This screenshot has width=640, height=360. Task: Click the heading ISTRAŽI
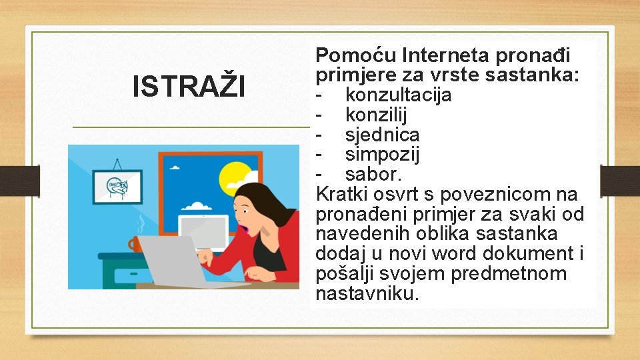(x=189, y=86)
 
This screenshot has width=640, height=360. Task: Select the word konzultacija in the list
(x=398, y=95)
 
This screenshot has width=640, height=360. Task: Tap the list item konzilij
(x=377, y=115)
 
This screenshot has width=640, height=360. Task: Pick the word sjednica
(x=382, y=135)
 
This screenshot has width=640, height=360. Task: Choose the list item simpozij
(x=382, y=155)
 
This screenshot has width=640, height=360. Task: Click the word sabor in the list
(x=372, y=175)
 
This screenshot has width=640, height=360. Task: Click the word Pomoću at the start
(x=357, y=55)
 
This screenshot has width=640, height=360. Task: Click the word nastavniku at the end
(x=367, y=294)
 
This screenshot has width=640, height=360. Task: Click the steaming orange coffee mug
(x=137, y=244)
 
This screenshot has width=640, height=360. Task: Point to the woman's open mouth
(x=245, y=230)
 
